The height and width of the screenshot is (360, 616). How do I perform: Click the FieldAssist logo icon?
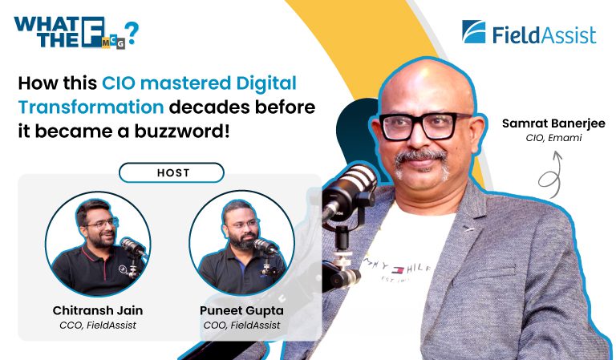(474, 32)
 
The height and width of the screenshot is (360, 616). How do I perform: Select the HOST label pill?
(172, 172)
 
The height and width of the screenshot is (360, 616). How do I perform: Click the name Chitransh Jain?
(98, 310)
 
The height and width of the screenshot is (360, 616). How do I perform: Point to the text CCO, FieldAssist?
(98, 326)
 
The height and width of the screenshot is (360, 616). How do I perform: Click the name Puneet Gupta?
(241, 310)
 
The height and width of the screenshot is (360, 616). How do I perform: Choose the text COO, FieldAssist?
(241, 326)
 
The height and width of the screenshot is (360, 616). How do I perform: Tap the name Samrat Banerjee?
(553, 123)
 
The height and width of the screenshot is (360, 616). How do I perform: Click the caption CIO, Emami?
(553, 138)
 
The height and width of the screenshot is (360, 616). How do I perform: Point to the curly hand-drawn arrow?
(552, 176)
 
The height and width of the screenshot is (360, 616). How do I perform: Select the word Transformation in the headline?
(91, 107)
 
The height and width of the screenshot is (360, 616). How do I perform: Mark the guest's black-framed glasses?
(424, 126)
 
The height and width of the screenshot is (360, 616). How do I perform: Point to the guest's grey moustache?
(421, 156)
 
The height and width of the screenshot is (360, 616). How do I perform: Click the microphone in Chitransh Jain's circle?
(132, 246)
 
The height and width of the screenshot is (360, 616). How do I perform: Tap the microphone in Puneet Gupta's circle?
(265, 246)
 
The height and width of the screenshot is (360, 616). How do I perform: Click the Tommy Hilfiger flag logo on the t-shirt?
(397, 270)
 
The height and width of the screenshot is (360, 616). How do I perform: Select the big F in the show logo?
(93, 32)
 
